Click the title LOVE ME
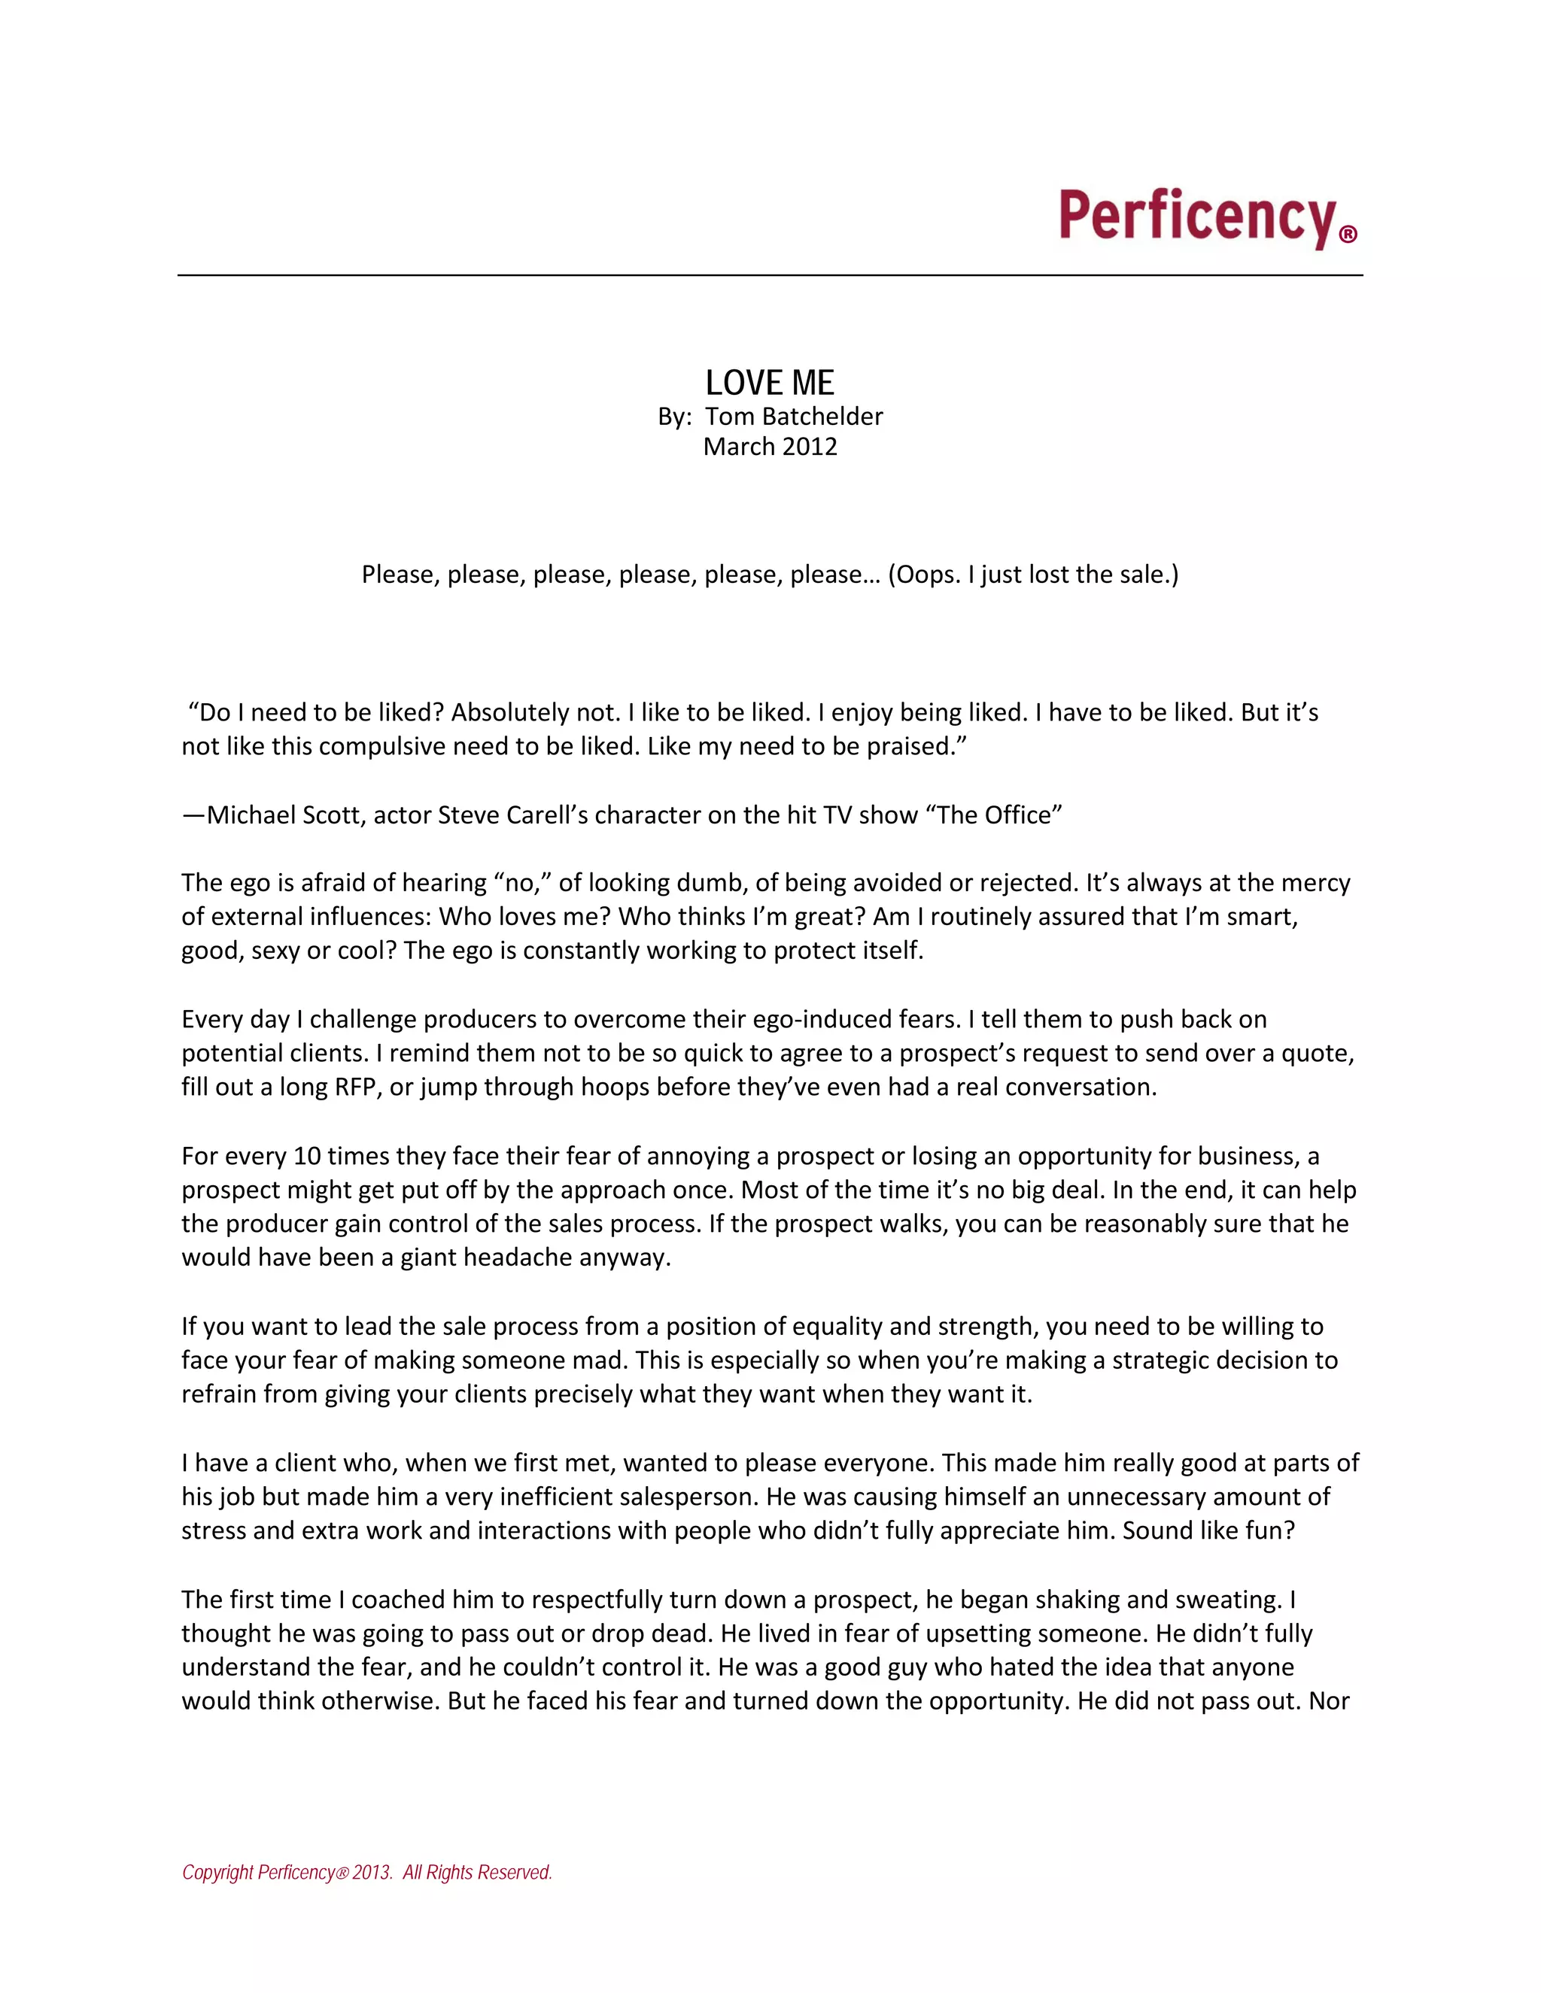pyautogui.click(x=770, y=382)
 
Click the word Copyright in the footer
pyautogui.click(x=217, y=1873)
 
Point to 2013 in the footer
pyautogui.click(x=372, y=1873)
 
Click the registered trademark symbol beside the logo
pyautogui.click(x=1348, y=235)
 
